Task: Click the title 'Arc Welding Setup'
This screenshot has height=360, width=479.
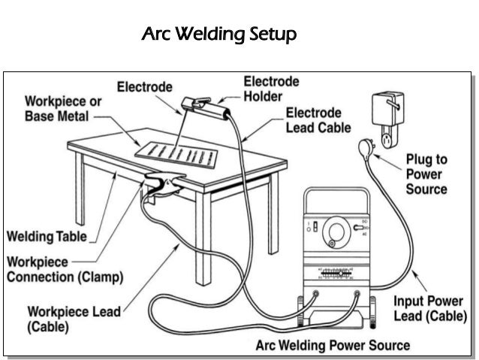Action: point(219,35)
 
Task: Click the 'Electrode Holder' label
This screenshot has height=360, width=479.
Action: point(271,89)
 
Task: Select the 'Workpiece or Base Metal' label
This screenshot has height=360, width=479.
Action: point(57,108)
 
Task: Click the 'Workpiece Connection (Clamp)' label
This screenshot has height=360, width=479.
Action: point(65,269)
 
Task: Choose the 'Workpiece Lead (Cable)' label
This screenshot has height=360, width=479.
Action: point(74,319)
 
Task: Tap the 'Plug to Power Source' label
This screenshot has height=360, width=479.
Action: point(426,174)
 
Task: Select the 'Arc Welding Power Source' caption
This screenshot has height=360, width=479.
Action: point(333,345)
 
